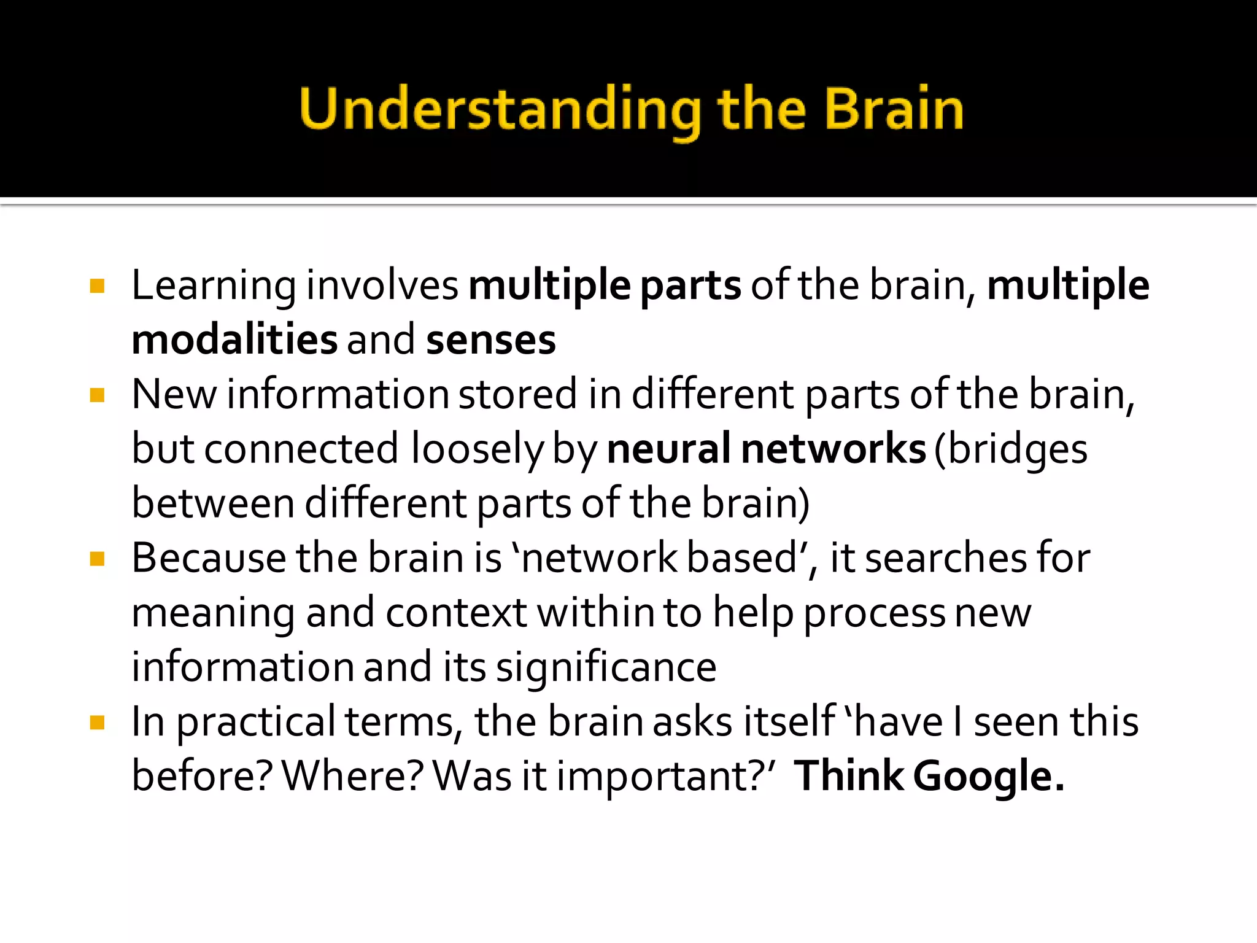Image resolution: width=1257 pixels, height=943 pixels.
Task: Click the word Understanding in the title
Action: point(500,111)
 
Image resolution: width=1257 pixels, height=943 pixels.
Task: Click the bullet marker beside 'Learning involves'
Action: point(97,287)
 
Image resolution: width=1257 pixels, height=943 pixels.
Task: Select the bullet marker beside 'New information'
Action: point(97,395)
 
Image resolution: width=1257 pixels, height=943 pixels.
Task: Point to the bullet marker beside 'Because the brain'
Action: point(97,559)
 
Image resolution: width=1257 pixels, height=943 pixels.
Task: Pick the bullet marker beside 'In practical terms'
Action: point(97,723)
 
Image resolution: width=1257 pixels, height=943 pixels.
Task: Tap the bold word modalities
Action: point(234,340)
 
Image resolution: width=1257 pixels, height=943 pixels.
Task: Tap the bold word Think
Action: point(849,776)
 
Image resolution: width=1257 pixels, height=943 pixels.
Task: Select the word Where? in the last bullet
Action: point(352,776)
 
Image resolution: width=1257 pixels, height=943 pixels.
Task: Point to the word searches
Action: point(945,559)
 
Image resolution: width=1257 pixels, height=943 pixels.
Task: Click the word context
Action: point(456,613)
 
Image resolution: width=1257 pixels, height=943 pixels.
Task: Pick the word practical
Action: point(255,723)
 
